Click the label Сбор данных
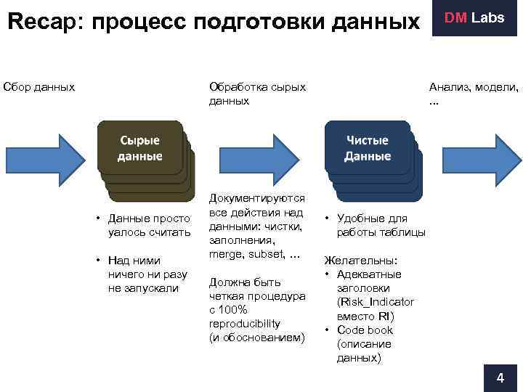pyautogui.click(x=39, y=87)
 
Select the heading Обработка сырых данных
pyautogui.click(x=257, y=94)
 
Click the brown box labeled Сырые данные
pyautogui.click(x=139, y=150)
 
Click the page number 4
pyautogui.click(x=499, y=378)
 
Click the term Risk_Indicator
pyautogui.click(x=376, y=302)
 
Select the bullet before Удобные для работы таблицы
pyautogui.click(x=328, y=219)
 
